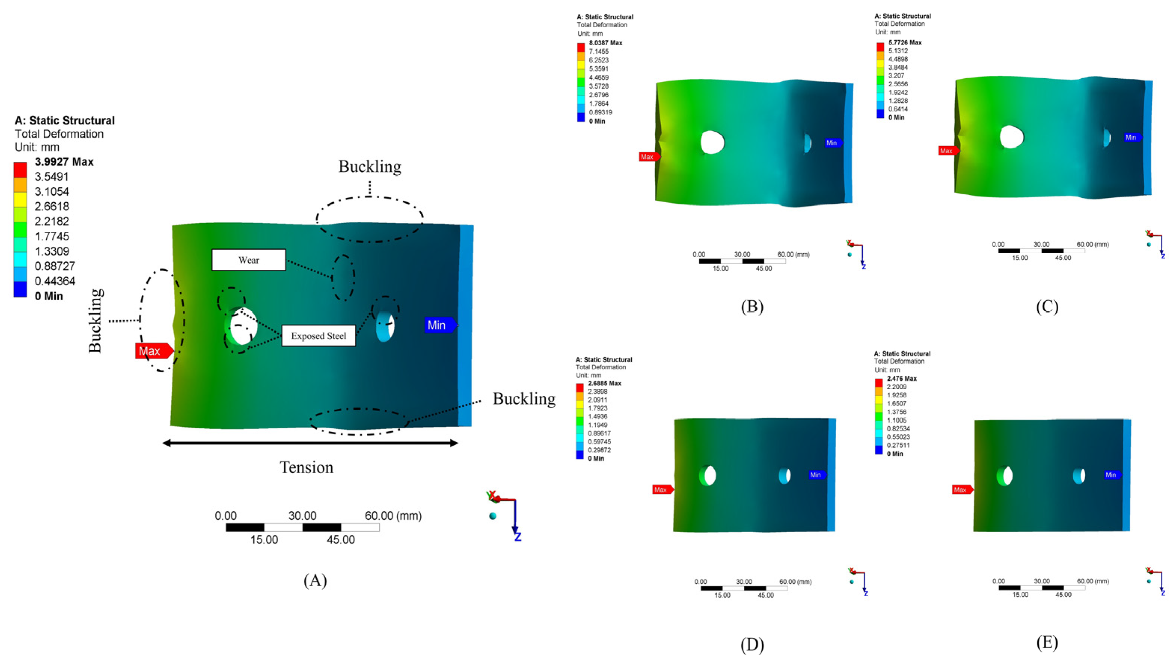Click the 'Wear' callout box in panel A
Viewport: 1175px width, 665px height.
click(249, 260)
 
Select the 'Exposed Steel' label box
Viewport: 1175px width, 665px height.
click(318, 336)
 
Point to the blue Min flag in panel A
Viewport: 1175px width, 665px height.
click(439, 325)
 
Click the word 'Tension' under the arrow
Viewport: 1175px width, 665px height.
click(307, 467)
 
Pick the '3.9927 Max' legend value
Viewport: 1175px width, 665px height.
click(64, 162)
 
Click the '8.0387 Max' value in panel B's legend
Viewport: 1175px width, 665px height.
click(605, 43)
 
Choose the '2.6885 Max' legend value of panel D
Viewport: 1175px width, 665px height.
click(604, 383)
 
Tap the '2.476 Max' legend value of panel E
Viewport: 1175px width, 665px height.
click(901, 379)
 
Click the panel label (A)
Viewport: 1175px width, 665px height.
click(315, 581)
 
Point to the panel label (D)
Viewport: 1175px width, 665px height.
click(752, 644)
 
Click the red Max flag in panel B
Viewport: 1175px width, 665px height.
click(648, 157)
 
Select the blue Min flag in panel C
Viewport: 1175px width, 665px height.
click(1132, 138)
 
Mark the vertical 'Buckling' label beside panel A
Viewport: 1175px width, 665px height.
click(95, 321)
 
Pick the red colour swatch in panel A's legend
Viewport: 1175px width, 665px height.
click(20, 169)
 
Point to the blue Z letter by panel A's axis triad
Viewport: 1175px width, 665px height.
click(518, 537)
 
